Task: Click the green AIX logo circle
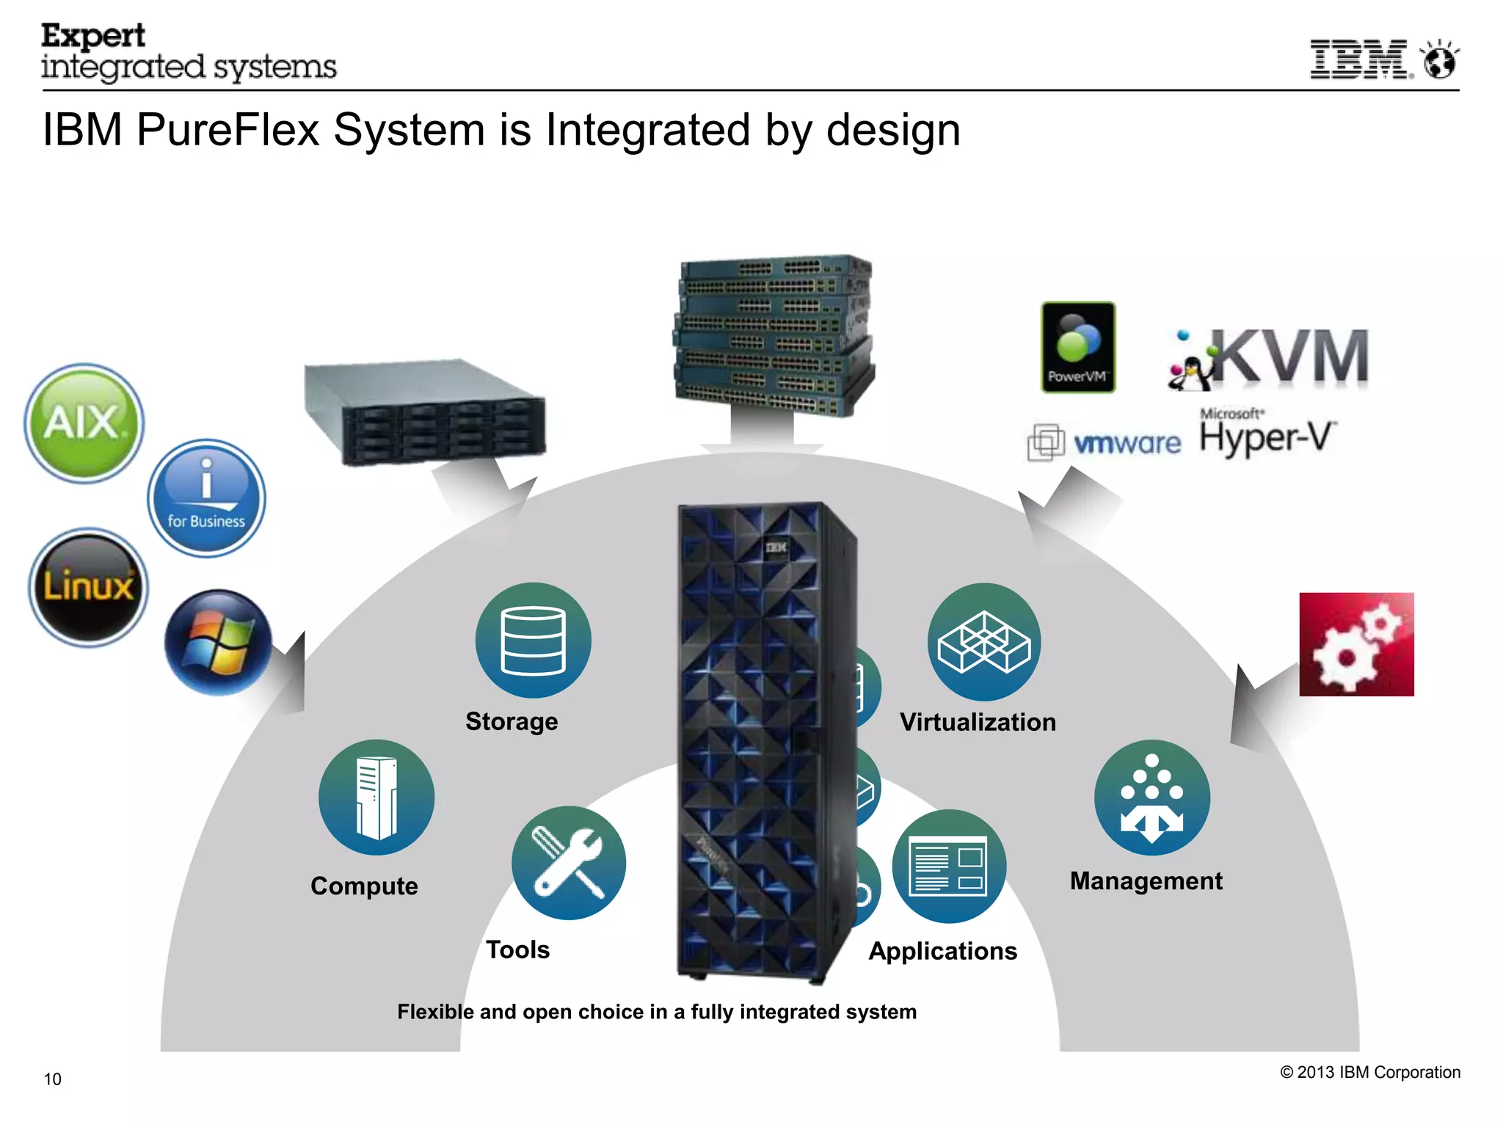click(x=84, y=423)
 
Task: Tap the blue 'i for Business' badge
click(x=206, y=498)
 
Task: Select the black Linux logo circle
click(x=89, y=587)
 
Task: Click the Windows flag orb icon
click(x=218, y=642)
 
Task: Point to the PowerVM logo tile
click(x=1077, y=347)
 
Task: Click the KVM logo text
click(x=1288, y=357)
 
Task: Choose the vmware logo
click(x=1105, y=442)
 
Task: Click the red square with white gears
click(x=1355, y=644)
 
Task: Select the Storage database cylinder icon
click(x=533, y=640)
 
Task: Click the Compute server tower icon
click(x=376, y=798)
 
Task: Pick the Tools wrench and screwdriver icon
click(x=569, y=863)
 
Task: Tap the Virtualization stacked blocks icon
click(x=984, y=642)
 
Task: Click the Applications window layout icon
click(x=948, y=867)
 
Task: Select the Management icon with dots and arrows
click(x=1151, y=798)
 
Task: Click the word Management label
click(x=1146, y=880)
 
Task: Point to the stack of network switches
click(x=774, y=335)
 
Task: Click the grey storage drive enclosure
click(x=425, y=411)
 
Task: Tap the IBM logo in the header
click(x=1359, y=59)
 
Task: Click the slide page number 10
click(x=53, y=1079)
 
